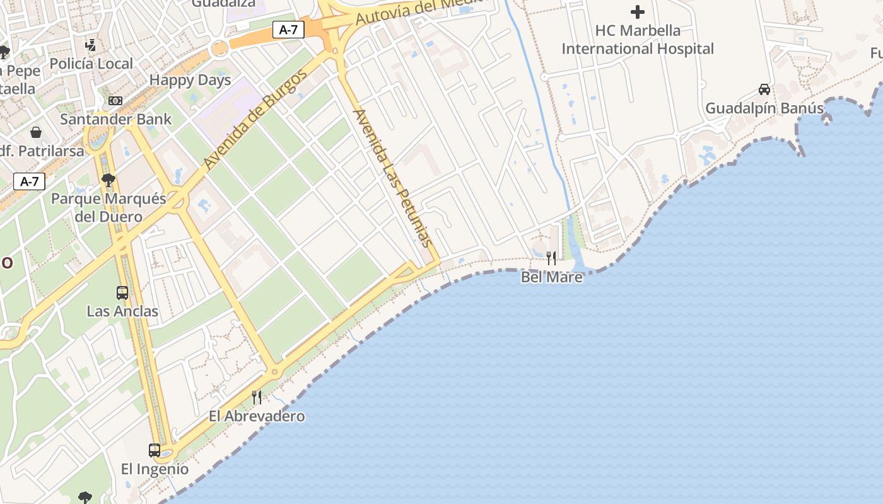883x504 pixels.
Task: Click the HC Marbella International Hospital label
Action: (x=638, y=40)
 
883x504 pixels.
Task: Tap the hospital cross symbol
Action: (x=638, y=12)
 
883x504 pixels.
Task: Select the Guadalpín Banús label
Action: (x=764, y=108)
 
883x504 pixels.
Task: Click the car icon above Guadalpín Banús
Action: (x=764, y=89)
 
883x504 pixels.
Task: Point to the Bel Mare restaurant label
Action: (x=552, y=277)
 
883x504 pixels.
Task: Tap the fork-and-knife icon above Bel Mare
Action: (x=551, y=258)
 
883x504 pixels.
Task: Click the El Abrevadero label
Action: (x=257, y=416)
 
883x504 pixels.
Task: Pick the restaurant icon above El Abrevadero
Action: (x=257, y=397)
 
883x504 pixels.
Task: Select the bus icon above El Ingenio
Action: (x=155, y=450)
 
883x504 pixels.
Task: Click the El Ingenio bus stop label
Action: (x=155, y=469)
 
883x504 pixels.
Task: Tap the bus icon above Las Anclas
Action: (x=122, y=292)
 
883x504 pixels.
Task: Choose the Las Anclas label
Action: (x=122, y=311)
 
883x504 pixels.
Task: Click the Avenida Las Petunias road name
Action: (x=392, y=178)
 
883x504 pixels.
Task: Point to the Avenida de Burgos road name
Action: (x=255, y=119)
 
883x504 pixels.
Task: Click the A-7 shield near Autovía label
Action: (x=288, y=29)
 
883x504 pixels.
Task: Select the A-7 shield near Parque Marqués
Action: (x=30, y=182)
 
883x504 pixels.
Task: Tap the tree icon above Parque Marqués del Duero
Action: (x=108, y=180)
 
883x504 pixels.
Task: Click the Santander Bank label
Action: (x=115, y=119)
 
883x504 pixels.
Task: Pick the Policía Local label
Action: (x=91, y=64)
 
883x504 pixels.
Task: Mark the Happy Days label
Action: (x=190, y=80)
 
